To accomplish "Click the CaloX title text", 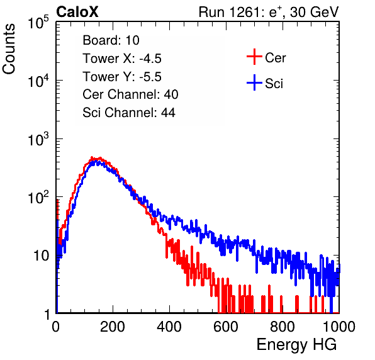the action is point(77,12).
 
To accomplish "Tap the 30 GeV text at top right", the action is point(314,12).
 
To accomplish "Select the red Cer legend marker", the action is point(254,57).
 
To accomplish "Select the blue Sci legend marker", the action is point(254,82).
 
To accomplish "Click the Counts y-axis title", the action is point(9,49).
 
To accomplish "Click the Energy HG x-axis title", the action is point(296,345).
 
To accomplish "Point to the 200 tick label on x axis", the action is point(113,327).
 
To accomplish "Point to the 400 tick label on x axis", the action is point(169,327).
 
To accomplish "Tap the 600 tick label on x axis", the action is point(226,327).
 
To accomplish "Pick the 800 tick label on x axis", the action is point(283,327).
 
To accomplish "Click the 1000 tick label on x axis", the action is point(339,327).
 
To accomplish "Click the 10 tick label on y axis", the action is point(41,256).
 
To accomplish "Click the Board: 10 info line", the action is point(111,40).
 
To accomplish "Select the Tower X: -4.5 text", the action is point(122,59).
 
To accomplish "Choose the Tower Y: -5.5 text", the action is point(122,77).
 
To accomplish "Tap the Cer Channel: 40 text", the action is point(130,94).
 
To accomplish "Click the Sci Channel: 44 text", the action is point(129,113).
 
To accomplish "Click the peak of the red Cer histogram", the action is point(92,157).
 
